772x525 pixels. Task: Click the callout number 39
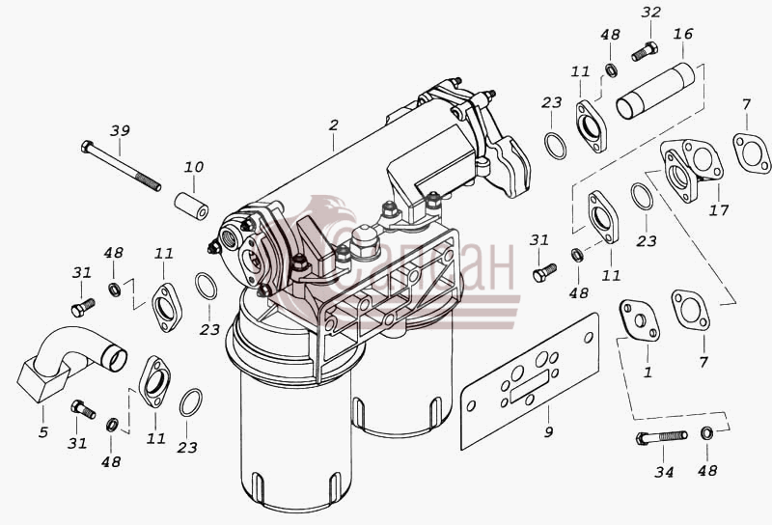pos(120,130)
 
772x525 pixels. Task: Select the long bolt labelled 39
pos(121,165)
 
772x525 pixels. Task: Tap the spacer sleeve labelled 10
pos(191,207)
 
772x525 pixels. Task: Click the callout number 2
pos(334,125)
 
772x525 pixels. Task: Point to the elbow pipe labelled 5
pos(69,362)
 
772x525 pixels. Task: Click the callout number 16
pos(683,34)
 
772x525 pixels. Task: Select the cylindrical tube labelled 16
pos(655,91)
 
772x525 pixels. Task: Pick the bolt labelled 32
pos(645,51)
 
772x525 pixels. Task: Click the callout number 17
pos(718,210)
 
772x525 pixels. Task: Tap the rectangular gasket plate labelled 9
pos(530,381)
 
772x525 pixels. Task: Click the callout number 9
pos(548,432)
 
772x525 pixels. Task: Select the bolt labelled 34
pos(661,437)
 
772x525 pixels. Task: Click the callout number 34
pos(664,472)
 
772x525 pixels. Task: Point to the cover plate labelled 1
pos(639,320)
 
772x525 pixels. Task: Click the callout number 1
pos(648,373)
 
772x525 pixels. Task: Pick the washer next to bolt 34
pos(706,433)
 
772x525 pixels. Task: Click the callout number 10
pos(194,167)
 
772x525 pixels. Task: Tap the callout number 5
pos(43,432)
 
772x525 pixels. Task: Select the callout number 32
pos(650,12)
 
